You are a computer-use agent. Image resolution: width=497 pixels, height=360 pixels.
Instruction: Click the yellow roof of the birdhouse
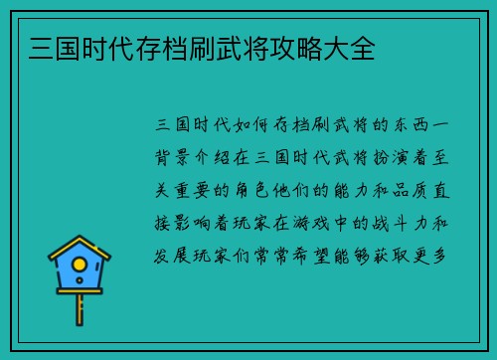click(80, 245)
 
